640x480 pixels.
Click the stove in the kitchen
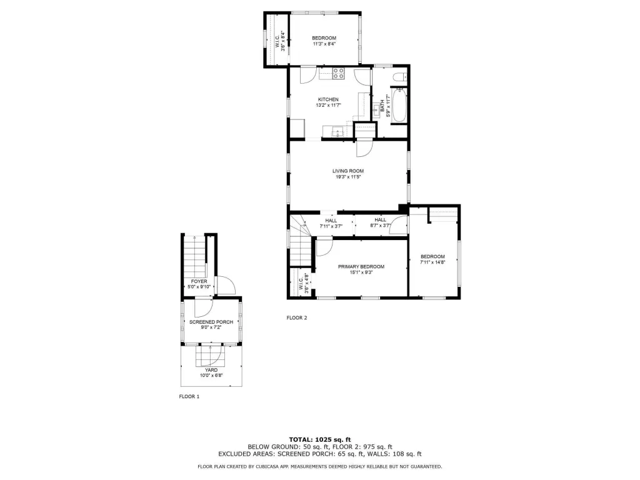[338, 74]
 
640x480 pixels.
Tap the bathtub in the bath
[399, 105]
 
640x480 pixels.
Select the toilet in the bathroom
[399, 76]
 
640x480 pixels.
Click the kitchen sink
[338, 132]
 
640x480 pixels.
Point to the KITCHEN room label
[328, 99]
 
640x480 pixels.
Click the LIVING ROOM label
[347, 171]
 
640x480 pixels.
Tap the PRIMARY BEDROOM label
[361, 267]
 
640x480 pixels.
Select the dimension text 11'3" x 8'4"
[324, 44]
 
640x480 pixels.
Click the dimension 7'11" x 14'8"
[432, 262]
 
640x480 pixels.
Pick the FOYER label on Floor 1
[199, 282]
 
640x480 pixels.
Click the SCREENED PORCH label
[211, 322]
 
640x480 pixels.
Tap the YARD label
[211, 370]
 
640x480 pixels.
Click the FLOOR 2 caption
[297, 318]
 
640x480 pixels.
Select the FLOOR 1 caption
[189, 396]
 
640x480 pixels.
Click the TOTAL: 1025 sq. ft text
[320, 439]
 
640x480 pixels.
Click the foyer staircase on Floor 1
[195, 256]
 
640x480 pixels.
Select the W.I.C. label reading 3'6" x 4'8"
[302, 282]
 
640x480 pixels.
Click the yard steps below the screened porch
[210, 356]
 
